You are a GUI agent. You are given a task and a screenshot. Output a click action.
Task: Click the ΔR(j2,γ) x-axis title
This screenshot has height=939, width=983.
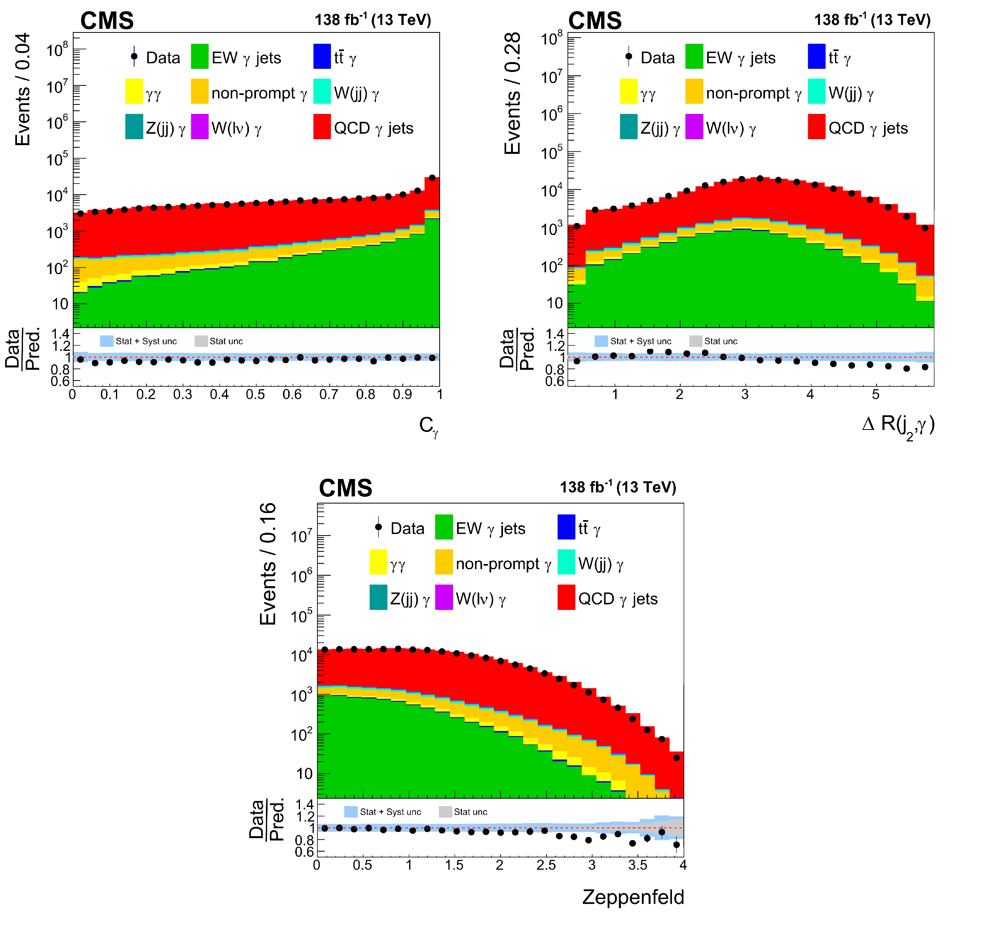pos(898,425)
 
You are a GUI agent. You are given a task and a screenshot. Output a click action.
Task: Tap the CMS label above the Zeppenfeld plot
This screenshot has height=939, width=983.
pos(345,488)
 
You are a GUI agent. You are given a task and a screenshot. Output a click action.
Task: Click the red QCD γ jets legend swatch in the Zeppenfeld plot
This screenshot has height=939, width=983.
pos(566,597)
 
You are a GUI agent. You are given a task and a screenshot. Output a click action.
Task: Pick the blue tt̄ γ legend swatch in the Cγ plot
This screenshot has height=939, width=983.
pos(322,57)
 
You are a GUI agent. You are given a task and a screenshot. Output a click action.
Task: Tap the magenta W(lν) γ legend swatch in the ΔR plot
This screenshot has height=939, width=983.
pos(694,127)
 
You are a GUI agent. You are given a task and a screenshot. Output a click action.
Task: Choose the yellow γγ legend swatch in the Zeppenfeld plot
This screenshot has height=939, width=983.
pos(378,562)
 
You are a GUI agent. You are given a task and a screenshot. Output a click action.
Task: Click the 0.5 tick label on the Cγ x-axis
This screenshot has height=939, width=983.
pos(255,394)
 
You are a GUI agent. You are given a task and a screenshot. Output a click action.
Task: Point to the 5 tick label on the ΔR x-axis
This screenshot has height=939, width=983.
pos(875,394)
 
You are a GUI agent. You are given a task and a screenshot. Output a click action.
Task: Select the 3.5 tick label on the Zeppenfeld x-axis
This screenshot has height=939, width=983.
pos(637,865)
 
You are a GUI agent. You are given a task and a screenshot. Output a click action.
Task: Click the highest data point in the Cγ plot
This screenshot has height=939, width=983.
pos(432,178)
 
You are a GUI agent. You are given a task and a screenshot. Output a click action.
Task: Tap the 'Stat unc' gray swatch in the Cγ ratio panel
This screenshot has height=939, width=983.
pos(201,341)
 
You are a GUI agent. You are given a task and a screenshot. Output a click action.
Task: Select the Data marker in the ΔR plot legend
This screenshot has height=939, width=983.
pos(628,57)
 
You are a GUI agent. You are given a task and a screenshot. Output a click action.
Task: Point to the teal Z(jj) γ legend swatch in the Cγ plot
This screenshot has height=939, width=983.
pos(134,127)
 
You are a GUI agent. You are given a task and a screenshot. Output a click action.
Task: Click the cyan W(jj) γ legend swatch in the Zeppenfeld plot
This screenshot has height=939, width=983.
pos(566,562)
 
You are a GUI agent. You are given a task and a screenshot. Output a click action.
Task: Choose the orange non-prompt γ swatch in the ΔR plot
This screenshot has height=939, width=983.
pos(694,92)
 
